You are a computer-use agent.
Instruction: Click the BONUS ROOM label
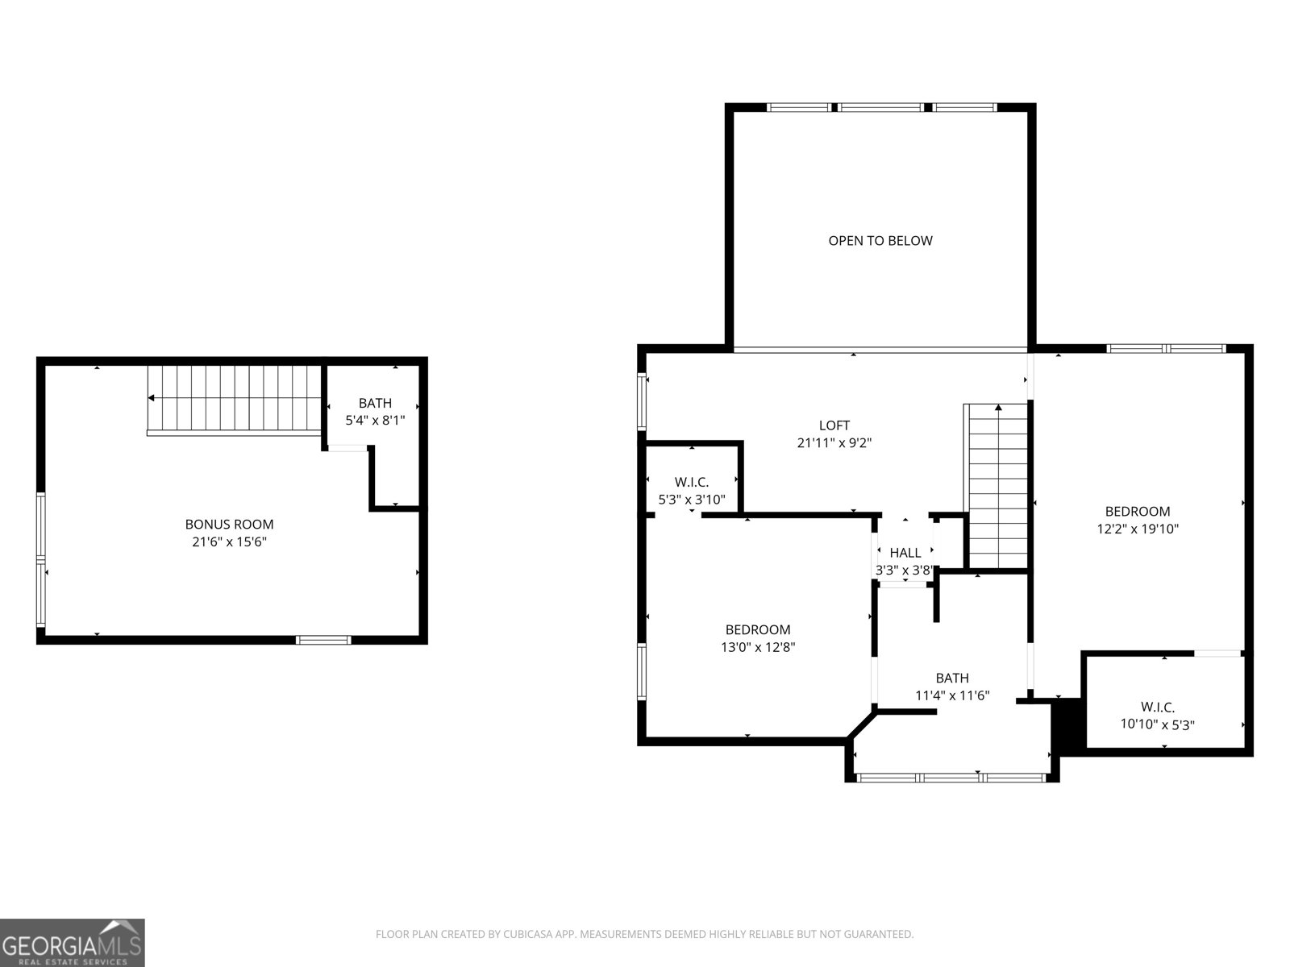pyautogui.click(x=229, y=525)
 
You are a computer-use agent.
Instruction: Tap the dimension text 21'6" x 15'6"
pyautogui.click(x=229, y=542)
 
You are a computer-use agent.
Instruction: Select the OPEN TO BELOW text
pyautogui.click(x=880, y=241)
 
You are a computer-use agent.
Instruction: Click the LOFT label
pyautogui.click(x=834, y=425)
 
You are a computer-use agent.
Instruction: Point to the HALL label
pyautogui.click(x=905, y=553)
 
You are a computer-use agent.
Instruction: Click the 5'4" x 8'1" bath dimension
pyautogui.click(x=375, y=420)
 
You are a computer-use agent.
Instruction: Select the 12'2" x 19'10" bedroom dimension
pyautogui.click(x=1138, y=529)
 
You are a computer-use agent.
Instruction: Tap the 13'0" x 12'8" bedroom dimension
pyautogui.click(x=758, y=647)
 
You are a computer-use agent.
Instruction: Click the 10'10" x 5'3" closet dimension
pyautogui.click(x=1157, y=724)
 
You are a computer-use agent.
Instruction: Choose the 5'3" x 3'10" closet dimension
pyautogui.click(x=692, y=500)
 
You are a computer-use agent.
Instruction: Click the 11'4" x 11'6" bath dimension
pyautogui.click(x=952, y=695)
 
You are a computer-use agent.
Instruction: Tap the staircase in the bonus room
pyautogui.click(x=234, y=399)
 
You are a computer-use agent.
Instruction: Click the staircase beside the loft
pyautogui.click(x=998, y=488)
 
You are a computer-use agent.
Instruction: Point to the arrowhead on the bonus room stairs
pyautogui.click(x=151, y=398)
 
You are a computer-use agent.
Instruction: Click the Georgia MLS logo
pyautogui.click(x=73, y=942)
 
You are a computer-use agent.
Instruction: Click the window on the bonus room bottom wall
pyautogui.click(x=323, y=641)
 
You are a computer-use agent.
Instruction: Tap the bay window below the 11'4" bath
pyautogui.click(x=951, y=778)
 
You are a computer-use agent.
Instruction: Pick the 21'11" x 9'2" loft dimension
pyautogui.click(x=834, y=443)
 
